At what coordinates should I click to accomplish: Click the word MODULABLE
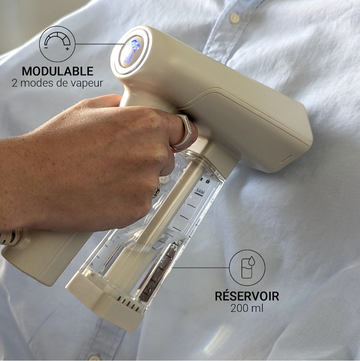pyautogui.click(x=58, y=71)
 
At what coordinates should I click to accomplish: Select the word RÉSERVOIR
pyautogui.click(x=247, y=296)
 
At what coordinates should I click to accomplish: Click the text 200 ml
pyautogui.click(x=247, y=308)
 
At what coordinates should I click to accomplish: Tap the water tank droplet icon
pyautogui.click(x=247, y=268)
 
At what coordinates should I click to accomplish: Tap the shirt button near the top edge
pyautogui.click(x=234, y=18)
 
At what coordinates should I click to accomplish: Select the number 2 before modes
pyautogui.click(x=15, y=83)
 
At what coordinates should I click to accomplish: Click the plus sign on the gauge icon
pyautogui.click(x=67, y=49)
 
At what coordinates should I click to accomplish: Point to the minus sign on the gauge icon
pyautogui.click(x=46, y=48)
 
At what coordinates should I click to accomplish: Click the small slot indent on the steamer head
pyautogui.click(x=286, y=159)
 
